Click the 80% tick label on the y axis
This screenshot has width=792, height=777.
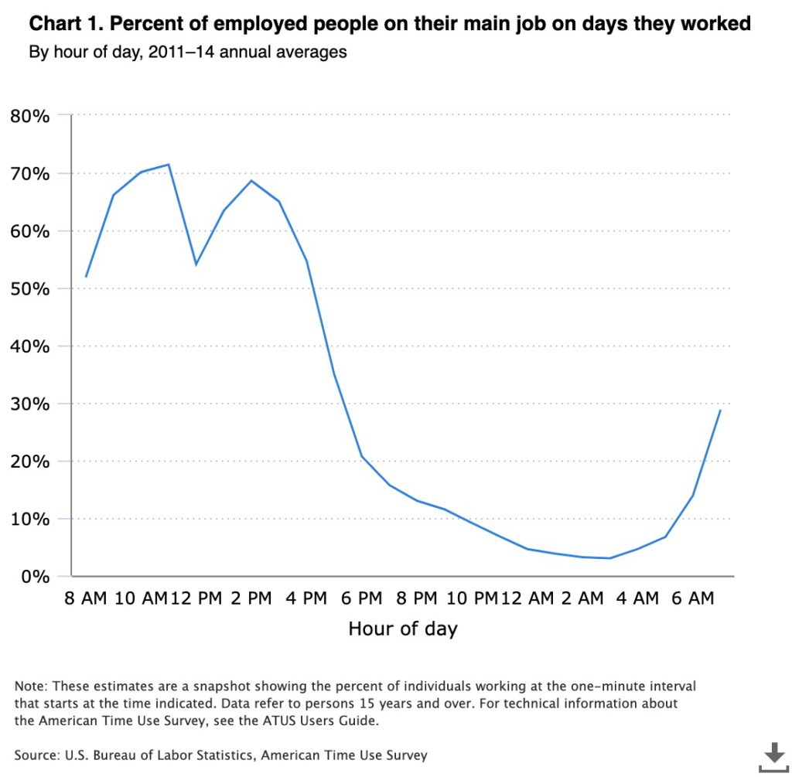(30, 117)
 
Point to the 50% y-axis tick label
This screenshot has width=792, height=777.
(30, 289)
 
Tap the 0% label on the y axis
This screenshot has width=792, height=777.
(35, 577)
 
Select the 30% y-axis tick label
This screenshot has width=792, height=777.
(30, 404)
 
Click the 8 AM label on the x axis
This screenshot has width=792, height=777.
(86, 599)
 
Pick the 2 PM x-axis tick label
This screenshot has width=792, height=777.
(251, 599)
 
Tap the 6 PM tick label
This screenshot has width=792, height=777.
(361, 599)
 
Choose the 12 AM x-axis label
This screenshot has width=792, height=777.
(528, 599)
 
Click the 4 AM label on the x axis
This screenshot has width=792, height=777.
(637, 599)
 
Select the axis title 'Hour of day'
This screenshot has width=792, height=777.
(402, 629)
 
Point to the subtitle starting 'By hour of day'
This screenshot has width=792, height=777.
(187, 53)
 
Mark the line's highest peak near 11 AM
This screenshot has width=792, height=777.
(169, 164)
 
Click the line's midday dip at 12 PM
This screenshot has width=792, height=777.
(196, 264)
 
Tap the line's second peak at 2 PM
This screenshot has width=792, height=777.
(251, 181)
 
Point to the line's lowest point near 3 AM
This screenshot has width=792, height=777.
(610, 558)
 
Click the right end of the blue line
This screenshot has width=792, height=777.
(720, 410)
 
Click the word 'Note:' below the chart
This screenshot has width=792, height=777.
(30, 687)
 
